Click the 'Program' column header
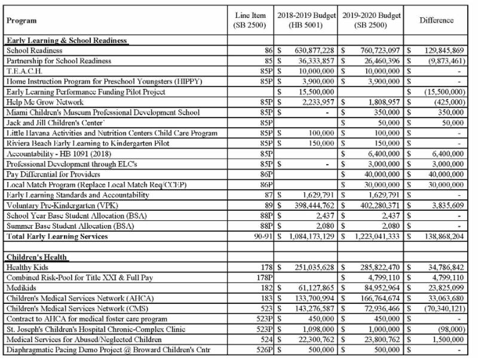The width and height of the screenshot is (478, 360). point(23,20)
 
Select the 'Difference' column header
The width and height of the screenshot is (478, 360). point(436,20)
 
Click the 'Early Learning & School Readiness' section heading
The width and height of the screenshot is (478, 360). point(66,41)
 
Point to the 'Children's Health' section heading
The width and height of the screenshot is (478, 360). point(37,257)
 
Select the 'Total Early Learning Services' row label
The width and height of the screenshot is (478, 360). point(57,236)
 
